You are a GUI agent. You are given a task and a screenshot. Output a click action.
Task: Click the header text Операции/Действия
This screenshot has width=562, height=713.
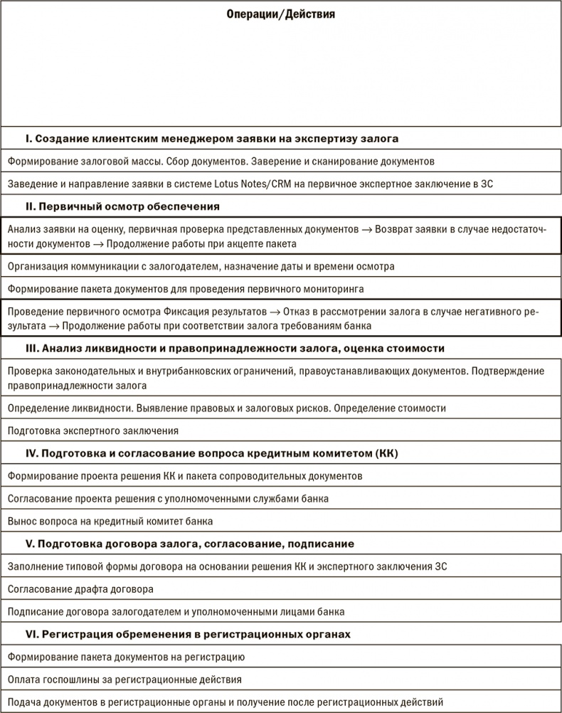pos(280,14)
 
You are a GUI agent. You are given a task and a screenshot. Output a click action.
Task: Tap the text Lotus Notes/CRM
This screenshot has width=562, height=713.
pos(248,184)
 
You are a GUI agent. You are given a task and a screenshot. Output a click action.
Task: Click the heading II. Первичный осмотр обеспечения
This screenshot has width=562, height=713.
pos(122,206)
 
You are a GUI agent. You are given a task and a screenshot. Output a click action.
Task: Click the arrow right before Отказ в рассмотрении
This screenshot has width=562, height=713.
pos(275,312)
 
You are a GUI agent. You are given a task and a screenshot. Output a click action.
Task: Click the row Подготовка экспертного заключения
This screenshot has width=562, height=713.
pos(92,431)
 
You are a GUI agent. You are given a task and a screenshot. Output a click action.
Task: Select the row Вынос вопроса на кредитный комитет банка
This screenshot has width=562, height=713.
pos(110,521)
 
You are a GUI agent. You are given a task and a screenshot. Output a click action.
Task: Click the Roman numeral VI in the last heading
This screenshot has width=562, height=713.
pos(31,633)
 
